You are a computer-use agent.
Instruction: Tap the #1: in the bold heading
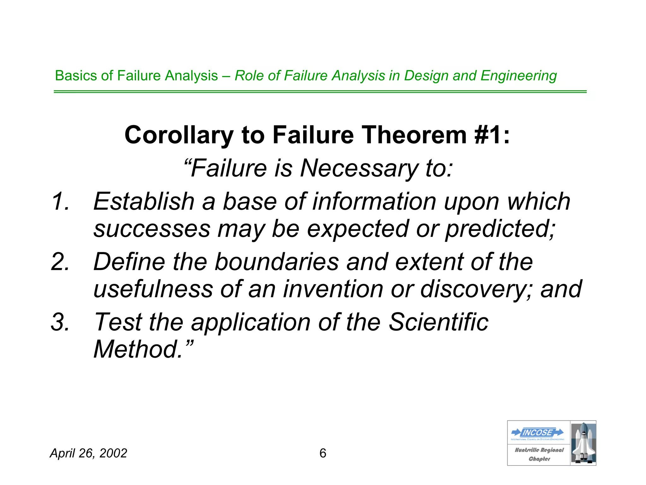pyautogui.click(x=492, y=135)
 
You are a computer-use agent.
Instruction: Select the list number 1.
pyautogui.click(x=60, y=201)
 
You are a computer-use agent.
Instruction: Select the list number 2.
pyautogui.click(x=60, y=262)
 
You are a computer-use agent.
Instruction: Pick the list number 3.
pyautogui.click(x=60, y=322)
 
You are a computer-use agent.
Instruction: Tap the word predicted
pyautogui.click(x=500, y=229)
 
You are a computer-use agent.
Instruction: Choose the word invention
pyautogui.click(x=333, y=289)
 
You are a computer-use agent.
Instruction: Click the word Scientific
pyautogui.click(x=438, y=322)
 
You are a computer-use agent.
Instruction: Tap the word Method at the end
pyautogui.click(x=138, y=350)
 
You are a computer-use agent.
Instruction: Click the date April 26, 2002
pyautogui.click(x=88, y=453)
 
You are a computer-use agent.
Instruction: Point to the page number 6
pyautogui.click(x=323, y=453)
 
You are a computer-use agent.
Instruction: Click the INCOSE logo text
pyautogui.click(x=537, y=432)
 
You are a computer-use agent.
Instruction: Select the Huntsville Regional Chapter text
pyautogui.click(x=539, y=454)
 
